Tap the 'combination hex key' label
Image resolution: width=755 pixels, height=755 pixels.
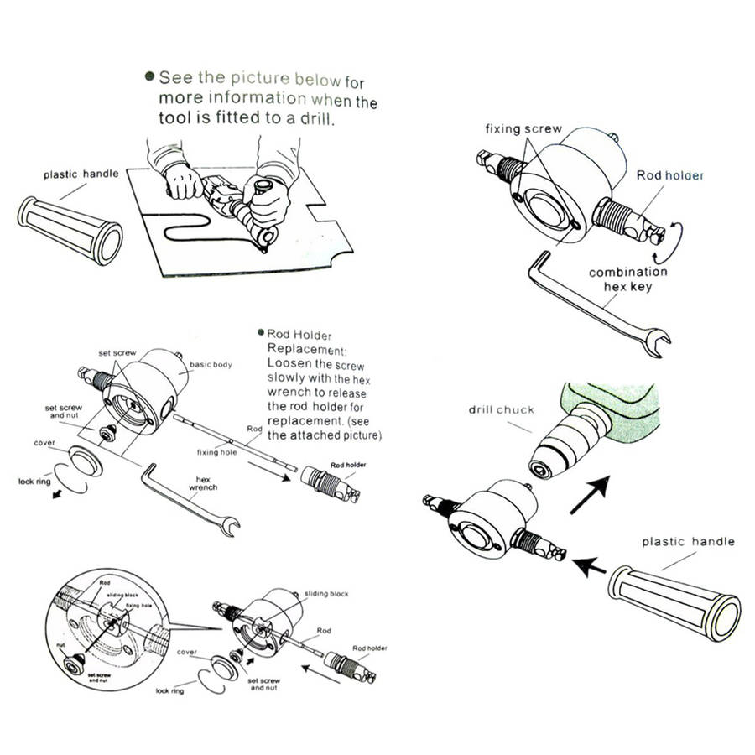coord(627,279)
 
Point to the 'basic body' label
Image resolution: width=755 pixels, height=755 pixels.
coord(211,365)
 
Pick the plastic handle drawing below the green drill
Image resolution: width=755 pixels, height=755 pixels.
coord(674,603)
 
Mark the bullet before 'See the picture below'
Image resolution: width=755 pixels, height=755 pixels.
coord(149,76)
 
